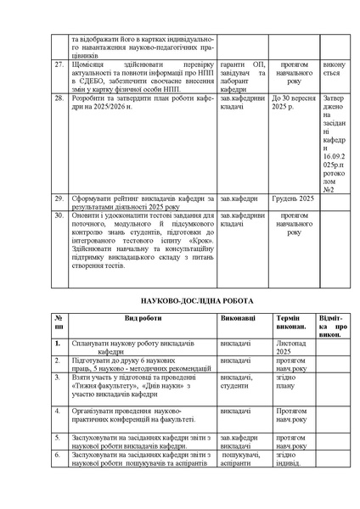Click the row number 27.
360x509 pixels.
[x=59, y=64]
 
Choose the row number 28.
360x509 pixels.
[x=59, y=98]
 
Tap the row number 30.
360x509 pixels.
[x=59, y=215]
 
